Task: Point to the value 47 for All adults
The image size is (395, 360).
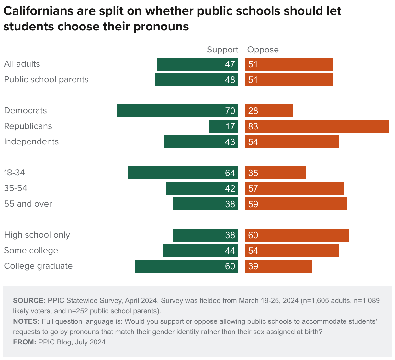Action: [230, 64]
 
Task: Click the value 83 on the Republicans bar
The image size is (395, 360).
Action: [253, 126]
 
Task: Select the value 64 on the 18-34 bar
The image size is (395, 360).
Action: [230, 173]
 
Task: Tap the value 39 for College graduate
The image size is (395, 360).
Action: [253, 266]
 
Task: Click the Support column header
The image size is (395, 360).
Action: [222, 50]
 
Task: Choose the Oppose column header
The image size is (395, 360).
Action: [263, 50]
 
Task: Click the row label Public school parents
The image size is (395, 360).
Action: [46, 80]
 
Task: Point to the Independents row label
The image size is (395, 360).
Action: [31, 142]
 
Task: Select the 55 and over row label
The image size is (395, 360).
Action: [28, 204]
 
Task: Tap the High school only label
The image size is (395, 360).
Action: [37, 235]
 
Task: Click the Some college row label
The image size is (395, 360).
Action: [31, 251]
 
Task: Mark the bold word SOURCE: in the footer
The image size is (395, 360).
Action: [29, 300]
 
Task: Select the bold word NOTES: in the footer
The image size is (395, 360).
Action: [26, 321]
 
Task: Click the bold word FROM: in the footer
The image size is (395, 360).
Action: [24, 342]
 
